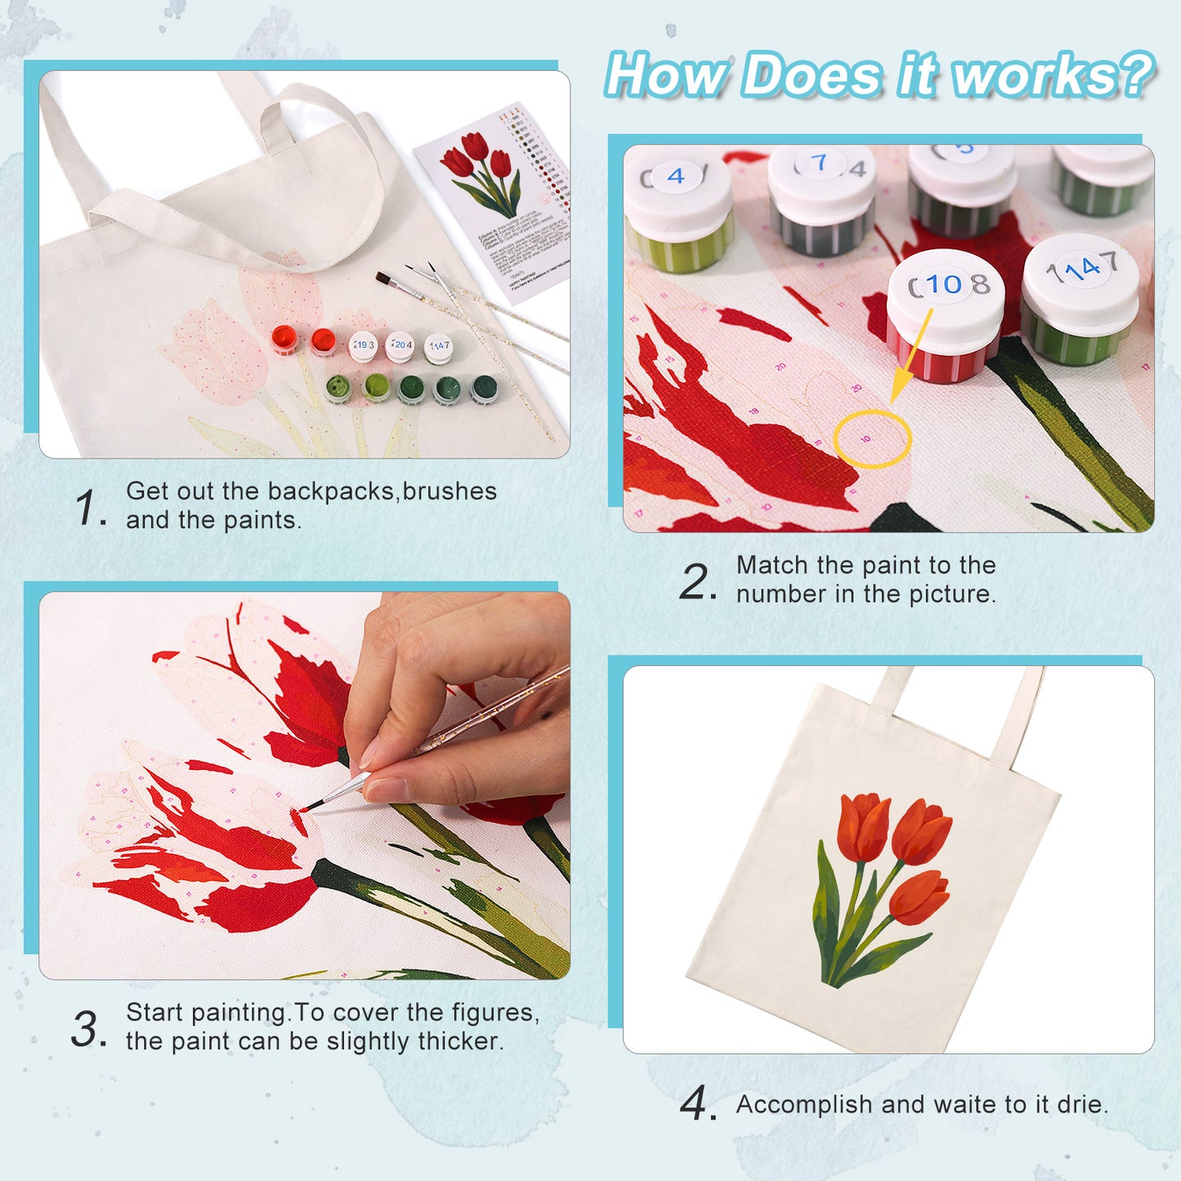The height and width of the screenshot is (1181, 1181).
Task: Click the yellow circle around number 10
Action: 871,439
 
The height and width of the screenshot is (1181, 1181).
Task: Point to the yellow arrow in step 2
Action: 911,356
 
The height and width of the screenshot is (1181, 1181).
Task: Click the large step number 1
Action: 89,508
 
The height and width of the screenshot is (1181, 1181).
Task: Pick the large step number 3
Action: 88,1029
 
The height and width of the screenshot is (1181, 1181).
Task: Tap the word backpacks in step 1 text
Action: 331,491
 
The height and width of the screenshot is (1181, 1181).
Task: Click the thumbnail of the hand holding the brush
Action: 304,785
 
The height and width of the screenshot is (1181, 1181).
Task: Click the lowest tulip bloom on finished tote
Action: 919,897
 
